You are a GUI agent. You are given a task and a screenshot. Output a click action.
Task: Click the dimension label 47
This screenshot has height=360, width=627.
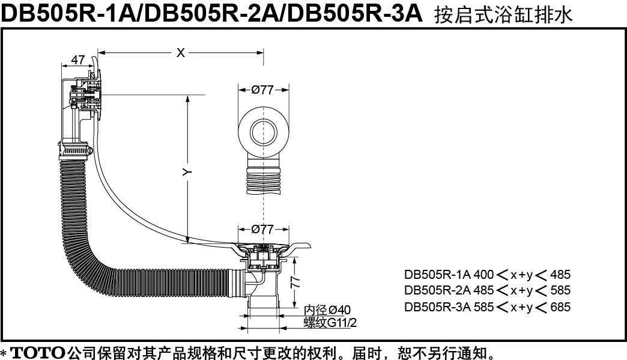tap(77, 59)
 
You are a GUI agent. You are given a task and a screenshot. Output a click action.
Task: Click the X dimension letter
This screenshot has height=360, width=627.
tap(180, 53)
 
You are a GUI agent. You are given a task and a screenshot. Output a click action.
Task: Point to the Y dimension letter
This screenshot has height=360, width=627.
tap(187, 172)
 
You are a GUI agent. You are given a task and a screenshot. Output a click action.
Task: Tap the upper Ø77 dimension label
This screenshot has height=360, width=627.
tap(262, 90)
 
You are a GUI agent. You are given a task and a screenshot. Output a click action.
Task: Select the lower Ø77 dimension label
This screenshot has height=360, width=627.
tap(262, 229)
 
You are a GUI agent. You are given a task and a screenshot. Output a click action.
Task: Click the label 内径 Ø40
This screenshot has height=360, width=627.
tap(327, 310)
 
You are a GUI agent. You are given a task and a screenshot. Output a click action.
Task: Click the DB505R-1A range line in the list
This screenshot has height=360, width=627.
tap(487, 275)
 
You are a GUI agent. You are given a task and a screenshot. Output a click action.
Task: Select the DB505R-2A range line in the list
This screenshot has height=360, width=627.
tap(487, 290)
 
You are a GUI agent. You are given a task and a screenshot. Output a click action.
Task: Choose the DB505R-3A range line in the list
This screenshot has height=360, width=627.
tap(487, 307)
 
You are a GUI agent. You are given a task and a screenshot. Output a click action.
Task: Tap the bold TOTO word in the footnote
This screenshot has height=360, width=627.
tap(38, 350)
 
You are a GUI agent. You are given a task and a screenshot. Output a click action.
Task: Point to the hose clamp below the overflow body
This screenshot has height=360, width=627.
tap(76, 147)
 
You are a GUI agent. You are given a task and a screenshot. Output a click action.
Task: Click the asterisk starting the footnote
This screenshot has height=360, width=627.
tap(4, 352)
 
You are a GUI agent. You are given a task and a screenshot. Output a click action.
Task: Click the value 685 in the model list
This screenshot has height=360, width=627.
tap(560, 307)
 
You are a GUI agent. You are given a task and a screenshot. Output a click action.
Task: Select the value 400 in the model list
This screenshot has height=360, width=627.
tap(483, 275)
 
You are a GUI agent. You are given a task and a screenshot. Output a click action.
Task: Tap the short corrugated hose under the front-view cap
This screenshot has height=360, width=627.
tap(263, 178)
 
